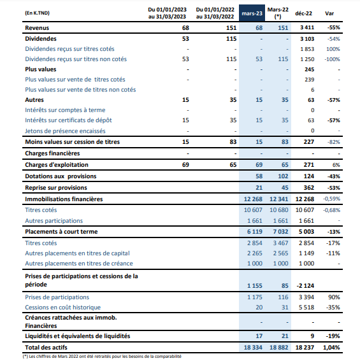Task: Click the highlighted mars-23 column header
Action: tap(252, 13)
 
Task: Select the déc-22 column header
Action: tap(303, 13)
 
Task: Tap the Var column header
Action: tap(329, 13)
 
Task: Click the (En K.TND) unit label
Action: tap(37, 13)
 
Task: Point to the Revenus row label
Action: tap(37, 28)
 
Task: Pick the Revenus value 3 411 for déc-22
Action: tap(307, 27)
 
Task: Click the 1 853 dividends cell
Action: tap(307, 49)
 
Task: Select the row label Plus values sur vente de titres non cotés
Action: tap(80, 90)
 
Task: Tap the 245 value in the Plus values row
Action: tap(309, 69)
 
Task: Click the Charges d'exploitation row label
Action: tap(57, 165)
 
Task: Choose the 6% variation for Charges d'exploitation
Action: tap(336, 165)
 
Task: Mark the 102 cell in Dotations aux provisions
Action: tap(283, 176)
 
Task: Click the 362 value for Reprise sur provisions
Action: tap(309, 188)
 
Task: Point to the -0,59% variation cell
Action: tap(331, 199)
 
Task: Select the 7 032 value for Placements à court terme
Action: tap(280, 232)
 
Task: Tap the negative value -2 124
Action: tap(305, 286)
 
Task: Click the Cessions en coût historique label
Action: tap(62, 308)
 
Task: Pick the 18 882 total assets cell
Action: tap(279, 348)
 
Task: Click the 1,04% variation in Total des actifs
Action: tap(331, 348)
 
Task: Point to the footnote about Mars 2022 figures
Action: tap(102, 357)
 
